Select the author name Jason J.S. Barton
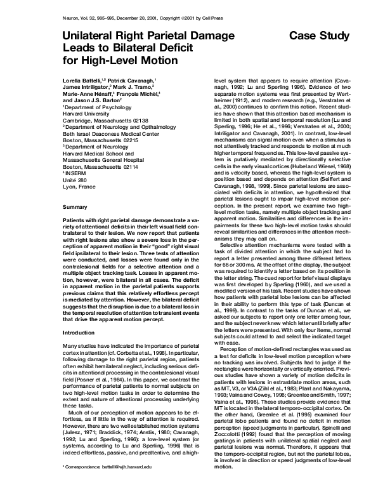93,100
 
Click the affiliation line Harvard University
86,114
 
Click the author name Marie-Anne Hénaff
89,94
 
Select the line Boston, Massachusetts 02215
96,141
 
